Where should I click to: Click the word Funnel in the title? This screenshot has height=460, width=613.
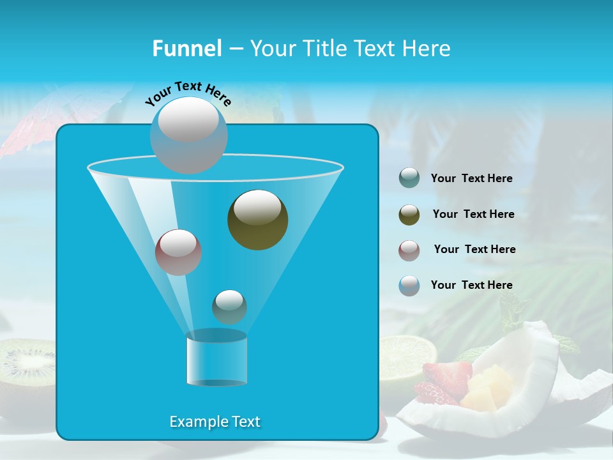186,49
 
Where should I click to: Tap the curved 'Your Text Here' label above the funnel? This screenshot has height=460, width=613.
188,93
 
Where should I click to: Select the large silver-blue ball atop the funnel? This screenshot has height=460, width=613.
188,135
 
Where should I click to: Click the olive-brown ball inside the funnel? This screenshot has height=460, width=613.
257,219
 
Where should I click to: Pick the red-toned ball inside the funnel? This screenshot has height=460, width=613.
178,252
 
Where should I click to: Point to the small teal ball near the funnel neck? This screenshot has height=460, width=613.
229,307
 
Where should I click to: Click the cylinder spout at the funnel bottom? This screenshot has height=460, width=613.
216,358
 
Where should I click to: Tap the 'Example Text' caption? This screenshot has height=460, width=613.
215,422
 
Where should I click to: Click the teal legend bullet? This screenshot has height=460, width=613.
409,178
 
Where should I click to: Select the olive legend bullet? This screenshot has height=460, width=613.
409,215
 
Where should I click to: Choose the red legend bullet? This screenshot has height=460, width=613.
409,250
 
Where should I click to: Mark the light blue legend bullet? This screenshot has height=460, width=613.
409,286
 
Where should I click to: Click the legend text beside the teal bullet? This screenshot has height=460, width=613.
471,179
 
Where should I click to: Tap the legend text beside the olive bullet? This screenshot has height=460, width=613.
473,215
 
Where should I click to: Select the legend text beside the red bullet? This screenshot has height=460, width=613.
474,250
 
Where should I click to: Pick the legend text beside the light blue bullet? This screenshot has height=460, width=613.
471,285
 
